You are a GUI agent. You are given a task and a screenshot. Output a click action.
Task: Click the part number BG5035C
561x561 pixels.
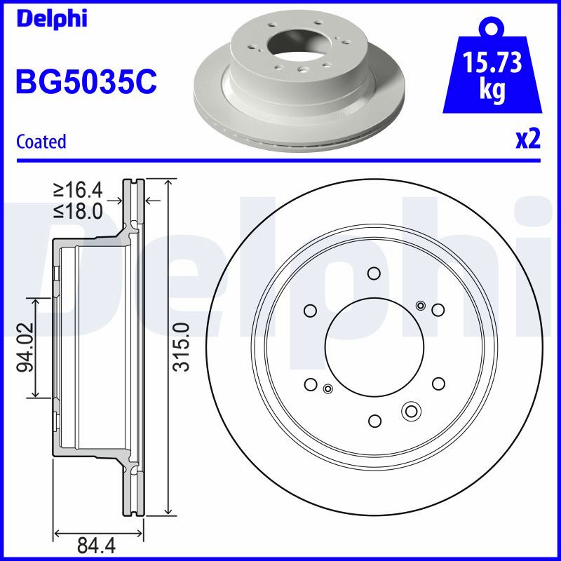coord(86,82)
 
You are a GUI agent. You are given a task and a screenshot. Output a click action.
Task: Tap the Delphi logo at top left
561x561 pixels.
coord(52,19)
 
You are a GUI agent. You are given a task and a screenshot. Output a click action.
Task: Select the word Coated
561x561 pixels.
coord(41,142)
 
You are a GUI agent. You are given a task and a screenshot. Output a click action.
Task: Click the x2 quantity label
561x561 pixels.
coord(528,140)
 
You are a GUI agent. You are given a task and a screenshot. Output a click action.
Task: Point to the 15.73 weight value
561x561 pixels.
coord(492,62)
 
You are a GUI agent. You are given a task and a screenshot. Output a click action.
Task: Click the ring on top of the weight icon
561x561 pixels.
coord(492,27)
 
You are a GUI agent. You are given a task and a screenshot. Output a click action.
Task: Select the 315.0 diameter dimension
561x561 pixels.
coord(181,347)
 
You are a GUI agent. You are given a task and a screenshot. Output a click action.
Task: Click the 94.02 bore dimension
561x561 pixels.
coord(26,347)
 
